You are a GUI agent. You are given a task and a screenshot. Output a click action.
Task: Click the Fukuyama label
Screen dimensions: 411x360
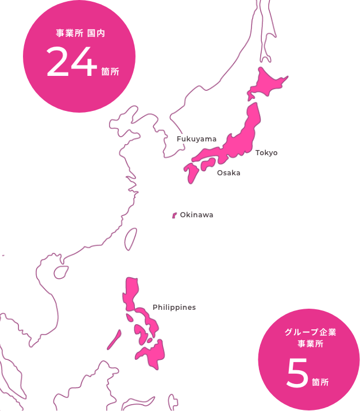click(197, 139)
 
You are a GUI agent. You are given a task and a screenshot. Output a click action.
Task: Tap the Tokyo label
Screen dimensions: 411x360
click(266, 153)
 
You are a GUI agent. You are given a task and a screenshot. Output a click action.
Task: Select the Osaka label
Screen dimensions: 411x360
click(229, 173)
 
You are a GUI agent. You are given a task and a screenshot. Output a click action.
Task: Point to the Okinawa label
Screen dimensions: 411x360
click(196, 215)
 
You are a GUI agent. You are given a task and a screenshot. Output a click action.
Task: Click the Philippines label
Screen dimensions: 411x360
click(174, 308)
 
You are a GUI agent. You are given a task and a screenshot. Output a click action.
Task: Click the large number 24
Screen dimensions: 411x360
click(71, 63)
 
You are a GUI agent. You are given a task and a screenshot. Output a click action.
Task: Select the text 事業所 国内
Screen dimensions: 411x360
click(79, 33)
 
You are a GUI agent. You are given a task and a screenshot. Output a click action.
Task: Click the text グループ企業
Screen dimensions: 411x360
click(310, 333)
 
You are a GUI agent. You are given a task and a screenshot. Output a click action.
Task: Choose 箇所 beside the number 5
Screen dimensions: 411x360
click(320, 382)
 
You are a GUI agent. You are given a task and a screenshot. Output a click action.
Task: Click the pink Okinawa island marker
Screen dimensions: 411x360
click(175, 216)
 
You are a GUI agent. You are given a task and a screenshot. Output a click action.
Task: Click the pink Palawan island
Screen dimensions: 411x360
click(113, 340)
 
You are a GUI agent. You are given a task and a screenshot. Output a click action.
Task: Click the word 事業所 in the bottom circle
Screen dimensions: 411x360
click(310, 344)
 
